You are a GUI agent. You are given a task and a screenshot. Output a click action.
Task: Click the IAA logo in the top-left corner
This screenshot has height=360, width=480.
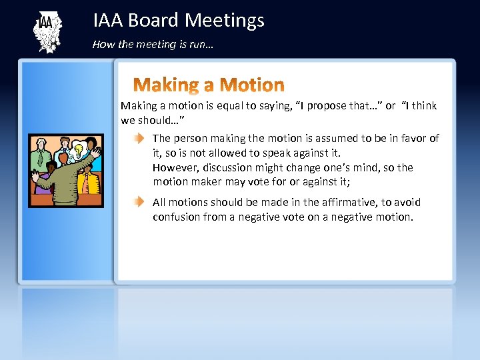47,31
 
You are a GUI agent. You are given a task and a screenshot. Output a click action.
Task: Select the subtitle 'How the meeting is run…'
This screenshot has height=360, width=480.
153,45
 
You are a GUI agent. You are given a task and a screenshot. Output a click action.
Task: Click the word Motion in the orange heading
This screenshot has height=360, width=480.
251,85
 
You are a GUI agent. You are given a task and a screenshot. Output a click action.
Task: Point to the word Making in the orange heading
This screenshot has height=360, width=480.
167,85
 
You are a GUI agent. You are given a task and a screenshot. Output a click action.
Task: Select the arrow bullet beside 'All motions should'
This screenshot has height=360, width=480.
137,202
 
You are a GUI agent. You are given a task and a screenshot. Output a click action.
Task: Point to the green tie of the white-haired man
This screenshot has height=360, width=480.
41,158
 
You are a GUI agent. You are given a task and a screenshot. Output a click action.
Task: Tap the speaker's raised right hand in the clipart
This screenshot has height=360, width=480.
95,151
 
